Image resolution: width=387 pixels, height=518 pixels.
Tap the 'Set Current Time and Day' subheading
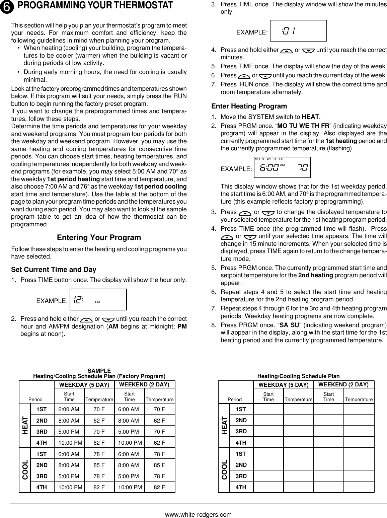(x=54, y=270)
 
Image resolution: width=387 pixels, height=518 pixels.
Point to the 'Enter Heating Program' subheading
(x=249, y=106)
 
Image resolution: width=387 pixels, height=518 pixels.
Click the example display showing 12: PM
(x=98, y=299)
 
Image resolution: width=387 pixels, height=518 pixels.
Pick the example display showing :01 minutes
(x=298, y=31)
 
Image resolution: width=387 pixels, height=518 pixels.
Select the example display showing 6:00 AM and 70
(x=282, y=167)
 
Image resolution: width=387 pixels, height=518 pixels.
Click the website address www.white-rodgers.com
(x=198, y=514)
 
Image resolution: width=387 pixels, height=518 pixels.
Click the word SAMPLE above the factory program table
(x=99, y=371)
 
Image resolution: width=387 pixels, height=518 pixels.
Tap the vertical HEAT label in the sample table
(x=25, y=425)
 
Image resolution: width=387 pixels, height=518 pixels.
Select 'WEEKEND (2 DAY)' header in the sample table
(x=144, y=384)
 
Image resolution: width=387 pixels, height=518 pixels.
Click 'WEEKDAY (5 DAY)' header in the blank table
(x=283, y=385)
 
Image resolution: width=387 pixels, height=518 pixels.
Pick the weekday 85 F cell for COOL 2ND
(x=99, y=465)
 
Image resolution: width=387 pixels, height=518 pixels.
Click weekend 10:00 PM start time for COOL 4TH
(x=130, y=487)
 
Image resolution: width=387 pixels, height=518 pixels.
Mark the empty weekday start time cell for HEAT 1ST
(x=268, y=409)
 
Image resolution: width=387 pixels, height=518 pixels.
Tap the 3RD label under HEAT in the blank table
(x=241, y=431)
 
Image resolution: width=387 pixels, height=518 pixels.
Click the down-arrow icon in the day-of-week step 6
(x=265, y=76)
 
